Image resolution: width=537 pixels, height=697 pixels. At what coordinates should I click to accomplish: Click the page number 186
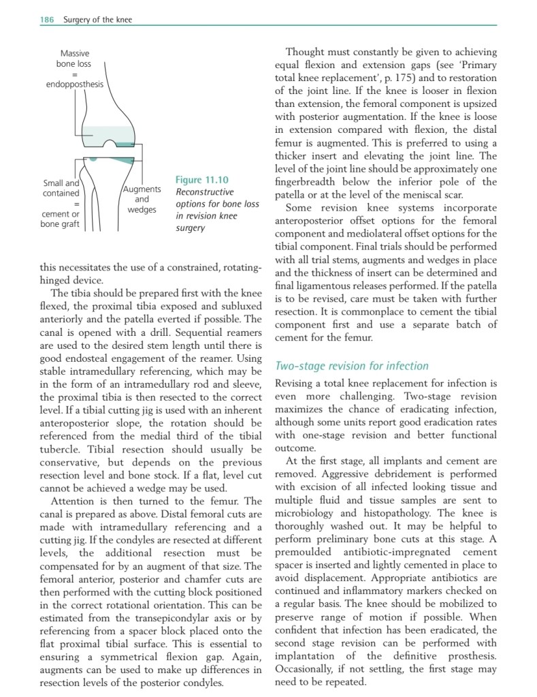(46, 20)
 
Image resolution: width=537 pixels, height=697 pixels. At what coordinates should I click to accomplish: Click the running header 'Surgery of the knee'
(97, 20)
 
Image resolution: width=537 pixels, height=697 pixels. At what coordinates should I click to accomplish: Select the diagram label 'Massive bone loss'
(74, 59)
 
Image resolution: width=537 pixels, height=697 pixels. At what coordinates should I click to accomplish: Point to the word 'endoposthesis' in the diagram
(75, 84)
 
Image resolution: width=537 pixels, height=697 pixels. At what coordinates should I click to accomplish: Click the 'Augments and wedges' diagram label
(142, 199)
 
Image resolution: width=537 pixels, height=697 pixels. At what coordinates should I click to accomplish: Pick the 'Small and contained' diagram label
(61, 188)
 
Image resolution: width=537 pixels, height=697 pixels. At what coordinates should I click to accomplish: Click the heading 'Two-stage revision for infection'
(351, 366)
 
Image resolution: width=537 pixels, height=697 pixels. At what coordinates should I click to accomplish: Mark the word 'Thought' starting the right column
(308, 52)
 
